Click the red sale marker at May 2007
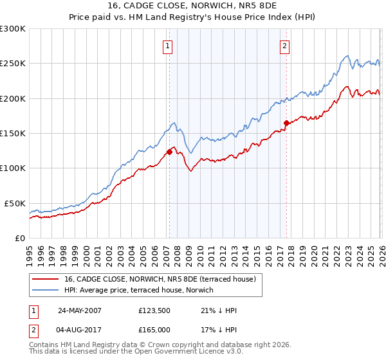pyautogui.click(x=169, y=152)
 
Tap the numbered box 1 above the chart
pyautogui.click(x=167, y=46)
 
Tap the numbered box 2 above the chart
pyautogui.click(x=284, y=46)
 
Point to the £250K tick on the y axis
pyautogui.click(x=13, y=64)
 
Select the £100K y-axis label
pyautogui.click(x=13, y=168)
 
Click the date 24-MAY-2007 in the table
pyautogui.click(x=79, y=310)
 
